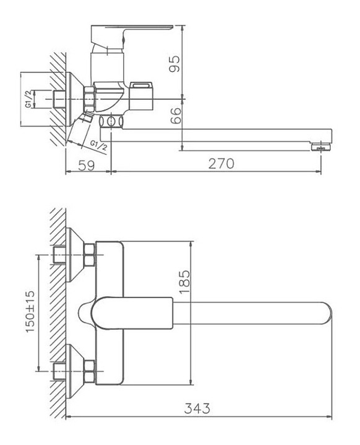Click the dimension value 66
pos(175,115)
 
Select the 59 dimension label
pos(86,165)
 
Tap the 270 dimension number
pos(221,164)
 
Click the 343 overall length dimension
pos(197,408)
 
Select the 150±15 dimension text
pos(31,312)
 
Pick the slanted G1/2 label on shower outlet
pos(98,145)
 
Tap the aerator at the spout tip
pos(320,147)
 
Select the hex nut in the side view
pos(89,98)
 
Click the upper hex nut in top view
pos(90,255)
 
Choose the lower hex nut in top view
pos(90,371)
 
